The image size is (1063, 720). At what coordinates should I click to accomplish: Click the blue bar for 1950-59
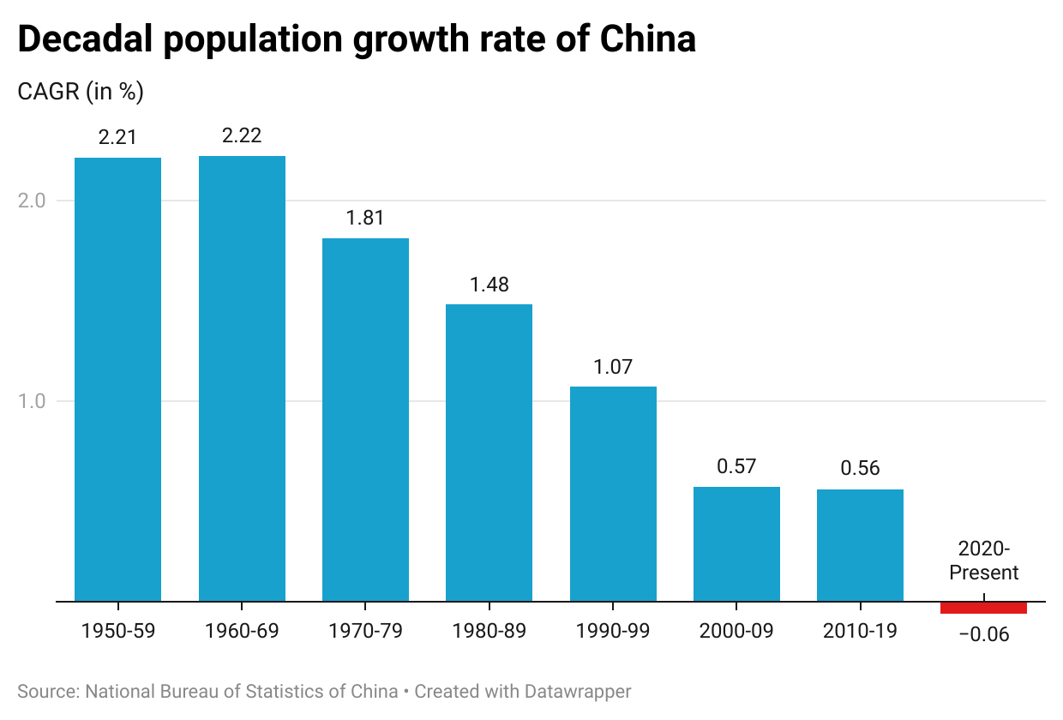click(x=117, y=379)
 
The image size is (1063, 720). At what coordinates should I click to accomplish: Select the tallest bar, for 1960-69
click(x=242, y=378)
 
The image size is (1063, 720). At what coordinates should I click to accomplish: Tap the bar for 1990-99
click(x=613, y=494)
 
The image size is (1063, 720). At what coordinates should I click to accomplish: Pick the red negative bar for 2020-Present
click(x=984, y=608)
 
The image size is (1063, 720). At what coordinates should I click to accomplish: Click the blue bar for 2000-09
click(x=736, y=544)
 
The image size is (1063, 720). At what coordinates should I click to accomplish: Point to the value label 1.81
click(x=365, y=218)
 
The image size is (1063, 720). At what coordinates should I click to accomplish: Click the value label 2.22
click(x=242, y=135)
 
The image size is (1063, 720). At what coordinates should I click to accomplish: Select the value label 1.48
click(x=489, y=285)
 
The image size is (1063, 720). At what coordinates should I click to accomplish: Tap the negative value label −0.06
click(x=984, y=634)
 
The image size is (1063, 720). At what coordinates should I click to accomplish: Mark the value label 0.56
click(x=860, y=469)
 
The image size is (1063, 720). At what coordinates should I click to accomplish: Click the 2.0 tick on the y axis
click(x=32, y=201)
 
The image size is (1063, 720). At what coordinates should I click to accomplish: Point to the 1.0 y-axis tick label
click(x=32, y=401)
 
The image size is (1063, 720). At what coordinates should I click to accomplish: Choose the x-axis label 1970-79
click(x=365, y=631)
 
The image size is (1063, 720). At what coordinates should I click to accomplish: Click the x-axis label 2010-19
click(x=860, y=631)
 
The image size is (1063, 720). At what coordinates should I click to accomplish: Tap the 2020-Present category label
click(x=984, y=561)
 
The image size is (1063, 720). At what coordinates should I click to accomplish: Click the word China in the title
click(x=648, y=39)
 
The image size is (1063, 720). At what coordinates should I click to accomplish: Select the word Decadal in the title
click(x=85, y=39)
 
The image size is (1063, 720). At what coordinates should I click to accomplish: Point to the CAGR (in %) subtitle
click(x=81, y=91)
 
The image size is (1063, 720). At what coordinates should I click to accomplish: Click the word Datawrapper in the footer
click(x=578, y=692)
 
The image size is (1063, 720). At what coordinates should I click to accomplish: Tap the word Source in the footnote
click(x=48, y=692)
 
